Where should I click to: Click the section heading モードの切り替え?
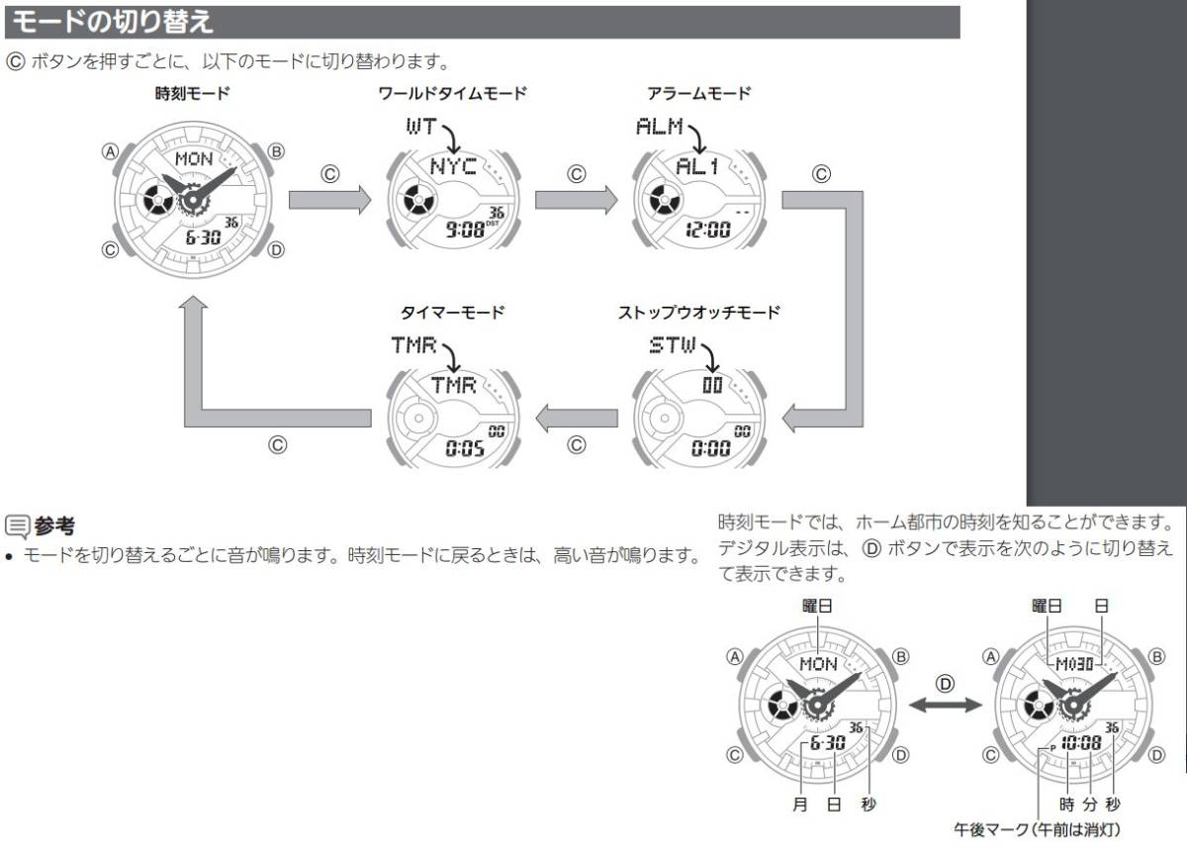click(112, 22)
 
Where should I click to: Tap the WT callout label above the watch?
click(421, 126)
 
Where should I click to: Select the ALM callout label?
click(659, 126)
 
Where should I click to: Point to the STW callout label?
click(673, 345)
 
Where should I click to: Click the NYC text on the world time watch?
click(453, 166)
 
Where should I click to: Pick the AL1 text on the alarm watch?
click(696, 166)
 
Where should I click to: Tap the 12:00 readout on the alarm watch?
click(708, 230)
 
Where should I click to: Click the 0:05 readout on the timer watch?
click(465, 448)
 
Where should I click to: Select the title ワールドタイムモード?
click(453, 94)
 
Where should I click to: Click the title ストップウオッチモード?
click(699, 312)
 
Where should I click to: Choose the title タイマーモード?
click(452, 312)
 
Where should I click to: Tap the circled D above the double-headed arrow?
click(945, 683)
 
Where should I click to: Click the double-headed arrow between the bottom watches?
click(946, 705)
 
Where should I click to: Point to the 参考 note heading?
click(54, 525)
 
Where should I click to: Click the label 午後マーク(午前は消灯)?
click(1037, 829)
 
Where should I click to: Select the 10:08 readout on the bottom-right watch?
click(1081, 742)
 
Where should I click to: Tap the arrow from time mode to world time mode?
click(329, 200)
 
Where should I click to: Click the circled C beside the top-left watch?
click(110, 249)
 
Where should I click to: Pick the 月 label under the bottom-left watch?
click(799, 804)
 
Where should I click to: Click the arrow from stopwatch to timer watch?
click(577, 419)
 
